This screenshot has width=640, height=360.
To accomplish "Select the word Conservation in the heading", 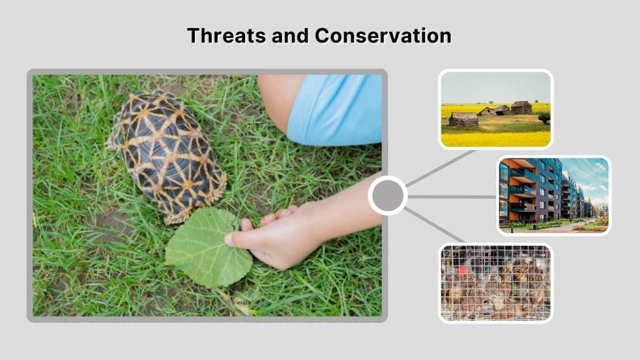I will point(382,35).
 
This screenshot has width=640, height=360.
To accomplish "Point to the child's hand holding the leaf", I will point(275,234).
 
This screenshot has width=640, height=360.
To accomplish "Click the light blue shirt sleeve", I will point(334,109).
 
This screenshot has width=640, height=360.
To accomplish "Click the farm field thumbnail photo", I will point(495,109).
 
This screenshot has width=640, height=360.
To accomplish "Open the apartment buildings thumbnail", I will point(553,196).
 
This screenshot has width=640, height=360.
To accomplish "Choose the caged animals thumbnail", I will point(495,282).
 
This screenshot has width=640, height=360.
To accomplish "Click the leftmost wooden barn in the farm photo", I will point(463,119).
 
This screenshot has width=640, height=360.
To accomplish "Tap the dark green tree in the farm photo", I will point(544,116).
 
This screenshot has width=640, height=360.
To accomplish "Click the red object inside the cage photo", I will point(462,274).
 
